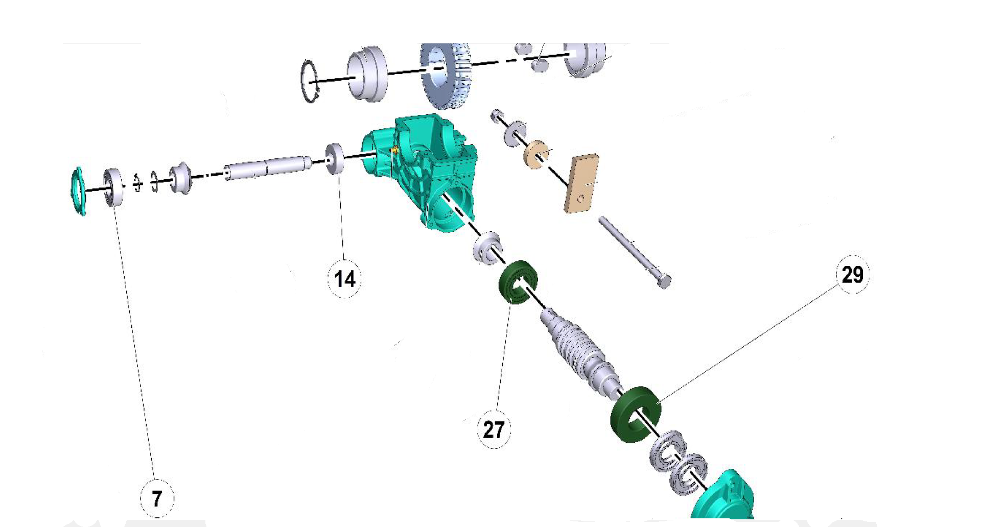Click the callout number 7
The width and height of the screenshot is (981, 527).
point(157,498)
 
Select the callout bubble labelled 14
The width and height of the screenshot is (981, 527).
point(344,279)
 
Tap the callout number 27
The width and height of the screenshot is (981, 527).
point(494,429)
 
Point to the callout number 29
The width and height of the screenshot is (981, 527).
point(852,275)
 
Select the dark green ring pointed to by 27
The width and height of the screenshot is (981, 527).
point(517,281)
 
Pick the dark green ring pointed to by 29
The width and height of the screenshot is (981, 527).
point(635,414)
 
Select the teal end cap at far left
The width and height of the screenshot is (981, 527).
point(78,190)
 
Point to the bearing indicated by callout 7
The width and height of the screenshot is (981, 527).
point(113,187)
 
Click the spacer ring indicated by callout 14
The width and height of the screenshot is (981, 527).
point(336,159)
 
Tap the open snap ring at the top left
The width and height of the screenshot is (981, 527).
point(310,81)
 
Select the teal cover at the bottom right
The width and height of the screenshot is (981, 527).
point(726,498)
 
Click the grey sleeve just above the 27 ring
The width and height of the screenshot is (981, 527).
point(487,248)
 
